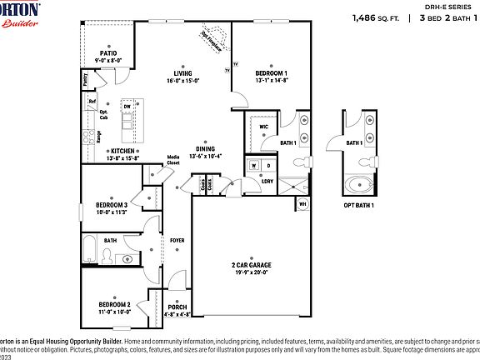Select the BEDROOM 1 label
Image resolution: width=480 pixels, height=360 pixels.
(270, 73)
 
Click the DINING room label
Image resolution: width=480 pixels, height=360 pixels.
(205, 149)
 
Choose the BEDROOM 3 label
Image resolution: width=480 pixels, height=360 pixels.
(110, 204)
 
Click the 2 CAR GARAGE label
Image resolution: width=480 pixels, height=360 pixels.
(251, 265)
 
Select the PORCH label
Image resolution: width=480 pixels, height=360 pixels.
(177, 307)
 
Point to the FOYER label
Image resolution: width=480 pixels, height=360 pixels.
(177, 240)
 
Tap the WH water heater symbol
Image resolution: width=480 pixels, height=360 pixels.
(302, 203)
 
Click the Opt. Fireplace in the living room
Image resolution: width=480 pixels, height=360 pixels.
(210, 40)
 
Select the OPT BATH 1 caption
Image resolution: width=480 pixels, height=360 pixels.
(359, 205)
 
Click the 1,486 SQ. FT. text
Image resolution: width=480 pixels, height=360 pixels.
(374, 17)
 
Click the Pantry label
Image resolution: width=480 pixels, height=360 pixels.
(85, 79)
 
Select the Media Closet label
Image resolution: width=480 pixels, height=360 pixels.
(173, 159)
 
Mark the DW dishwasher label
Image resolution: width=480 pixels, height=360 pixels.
(127, 107)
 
